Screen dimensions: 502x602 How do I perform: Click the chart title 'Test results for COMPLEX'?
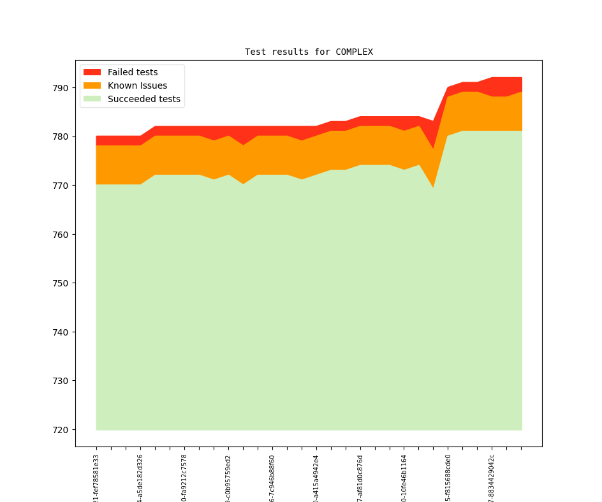click(309, 52)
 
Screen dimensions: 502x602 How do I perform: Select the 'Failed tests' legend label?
click(132, 72)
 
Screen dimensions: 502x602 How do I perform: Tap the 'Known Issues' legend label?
click(137, 85)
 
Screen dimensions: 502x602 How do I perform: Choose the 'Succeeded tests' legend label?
click(143, 99)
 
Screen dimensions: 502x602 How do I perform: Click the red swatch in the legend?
click(92, 72)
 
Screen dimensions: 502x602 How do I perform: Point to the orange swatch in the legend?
click(92, 85)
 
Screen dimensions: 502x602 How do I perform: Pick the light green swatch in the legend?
click(92, 99)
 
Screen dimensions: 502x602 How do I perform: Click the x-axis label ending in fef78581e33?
click(96, 478)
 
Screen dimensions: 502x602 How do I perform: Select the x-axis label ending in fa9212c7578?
click(184, 478)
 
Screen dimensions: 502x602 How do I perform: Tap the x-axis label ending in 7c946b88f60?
click(272, 478)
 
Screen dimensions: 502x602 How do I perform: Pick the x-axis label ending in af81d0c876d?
click(360, 478)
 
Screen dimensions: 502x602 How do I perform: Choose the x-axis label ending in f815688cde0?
click(448, 478)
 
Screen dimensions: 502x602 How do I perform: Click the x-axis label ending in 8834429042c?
click(492, 478)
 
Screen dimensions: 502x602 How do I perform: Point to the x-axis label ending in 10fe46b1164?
click(404, 478)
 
